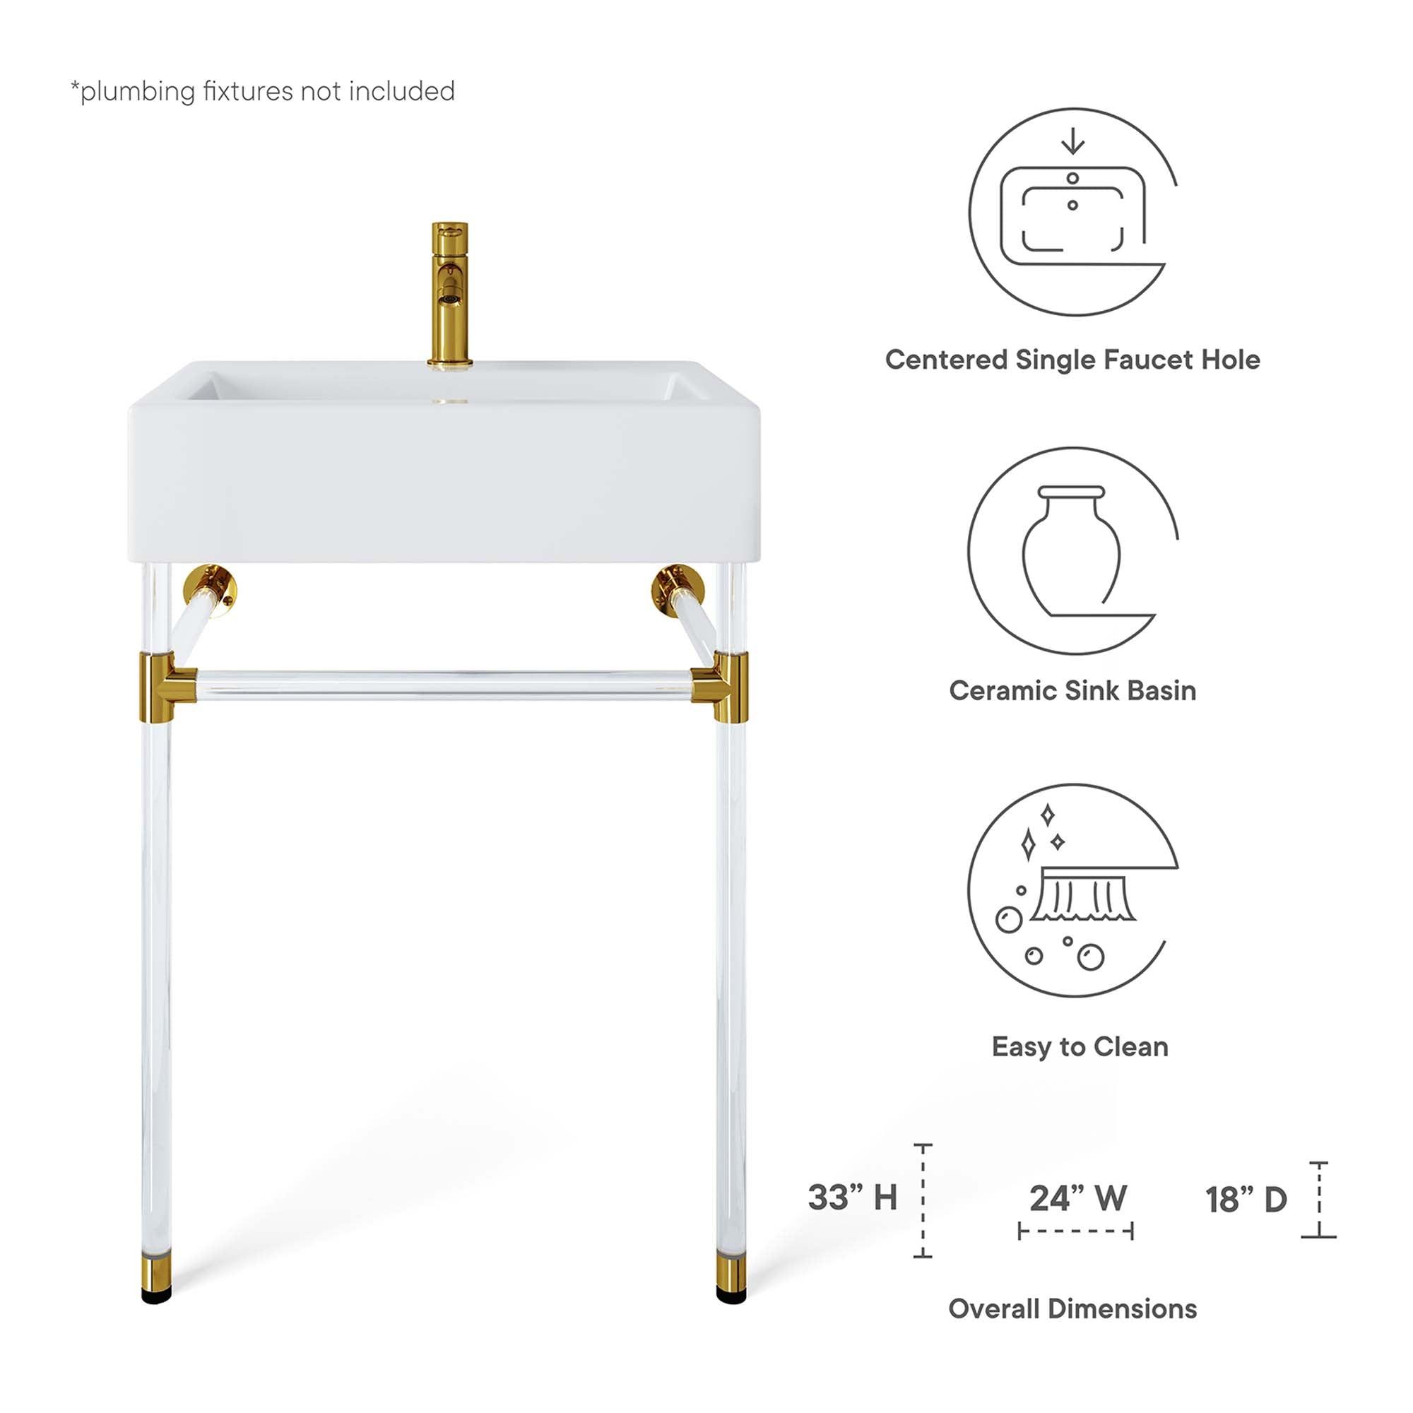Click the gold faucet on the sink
pos(449,292)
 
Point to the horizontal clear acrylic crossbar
pos(444,685)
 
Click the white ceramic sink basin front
pos(444,483)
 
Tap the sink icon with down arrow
pos(1072,212)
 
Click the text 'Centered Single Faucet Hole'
pos(1072,360)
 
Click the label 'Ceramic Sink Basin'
pos(1072,690)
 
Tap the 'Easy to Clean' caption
pos(1080,1046)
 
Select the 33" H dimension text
pos(852,1198)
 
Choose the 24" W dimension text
pos(1077,1198)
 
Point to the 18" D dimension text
pos(1246,1200)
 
